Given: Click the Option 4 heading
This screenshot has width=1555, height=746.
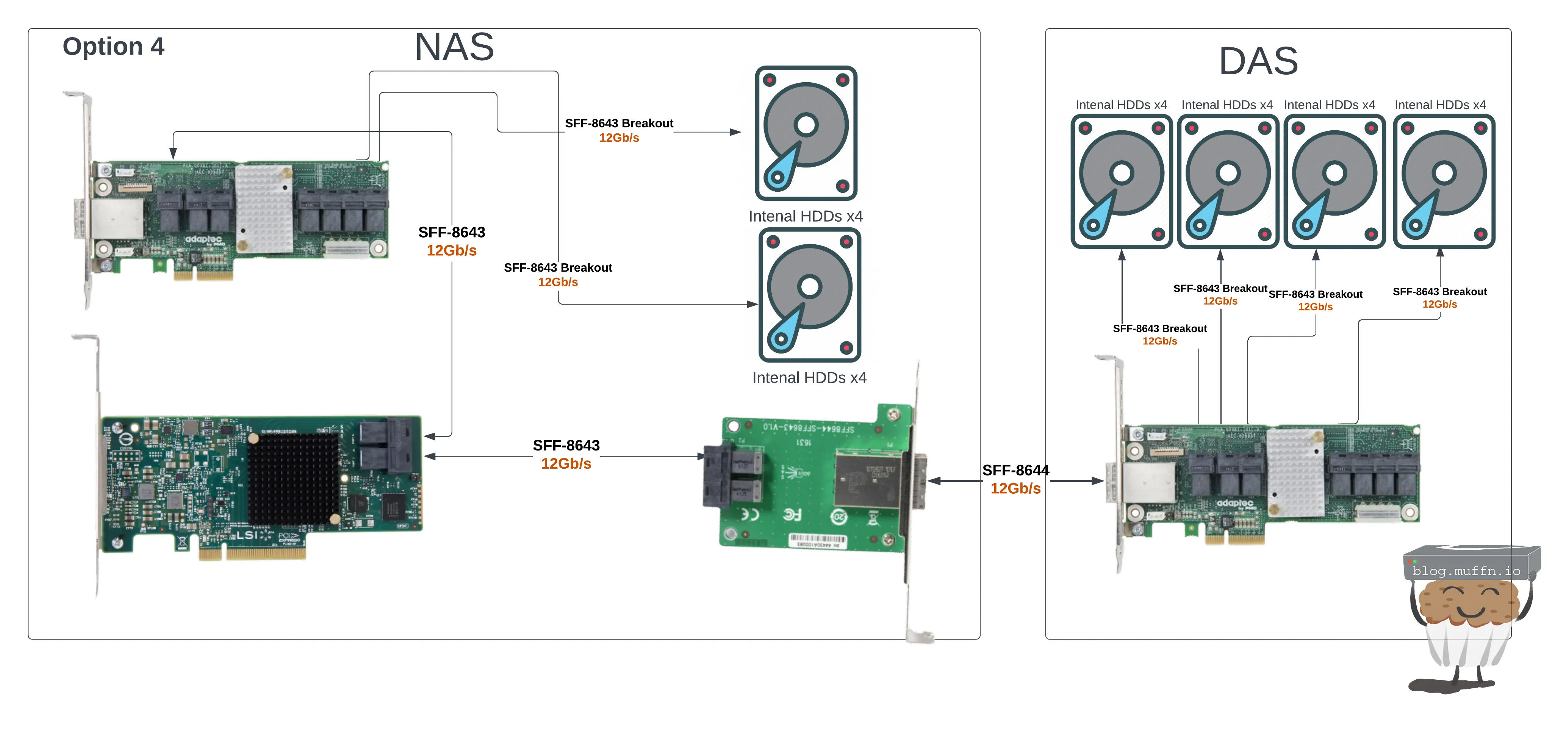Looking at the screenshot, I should coord(114,47).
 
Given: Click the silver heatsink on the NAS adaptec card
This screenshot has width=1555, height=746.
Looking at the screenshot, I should coord(264,208).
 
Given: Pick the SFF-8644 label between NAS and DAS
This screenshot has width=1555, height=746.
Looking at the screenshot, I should coord(1015,470).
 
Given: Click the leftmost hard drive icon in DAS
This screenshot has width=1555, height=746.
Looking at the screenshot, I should coord(1121,181).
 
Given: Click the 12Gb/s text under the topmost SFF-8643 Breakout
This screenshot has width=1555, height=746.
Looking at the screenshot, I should coord(619,138).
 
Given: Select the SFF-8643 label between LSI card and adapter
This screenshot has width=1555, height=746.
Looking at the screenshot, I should coord(566,446).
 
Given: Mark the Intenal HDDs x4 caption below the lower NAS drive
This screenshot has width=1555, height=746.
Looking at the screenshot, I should coord(809,378).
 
